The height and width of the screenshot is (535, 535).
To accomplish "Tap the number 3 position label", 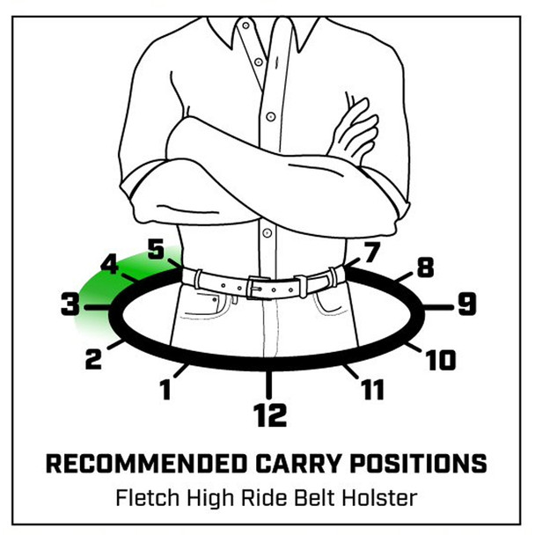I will click(70, 306).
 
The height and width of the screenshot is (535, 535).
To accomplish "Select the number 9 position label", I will click(466, 305).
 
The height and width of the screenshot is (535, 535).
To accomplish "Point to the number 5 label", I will click(155, 249).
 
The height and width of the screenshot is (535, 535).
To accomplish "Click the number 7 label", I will click(370, 252).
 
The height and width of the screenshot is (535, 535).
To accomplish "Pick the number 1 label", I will click(165, 389).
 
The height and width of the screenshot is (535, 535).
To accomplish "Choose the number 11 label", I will click(373, 388).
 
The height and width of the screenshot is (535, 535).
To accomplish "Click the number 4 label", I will click(110, 263).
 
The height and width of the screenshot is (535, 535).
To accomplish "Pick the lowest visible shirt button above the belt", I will click(266, 233).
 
